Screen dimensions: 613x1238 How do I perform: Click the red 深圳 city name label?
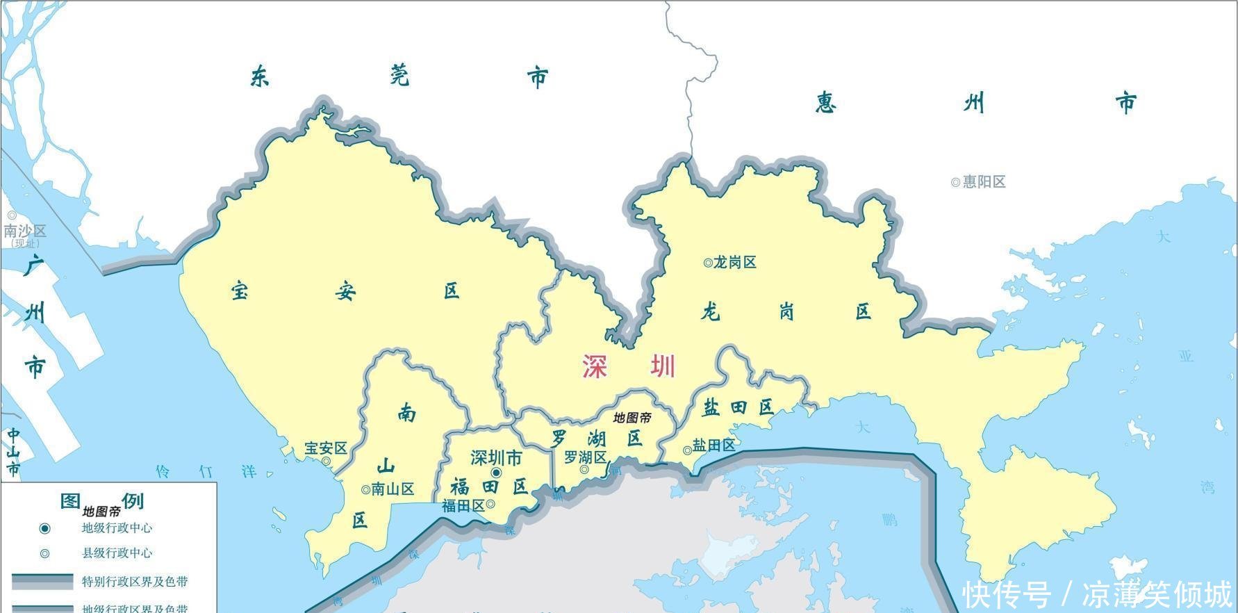(x=629, y=366)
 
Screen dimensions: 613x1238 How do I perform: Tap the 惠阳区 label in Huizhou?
(x=984, y=182)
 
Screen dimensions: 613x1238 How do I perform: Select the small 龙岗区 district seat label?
(x=735, y=263)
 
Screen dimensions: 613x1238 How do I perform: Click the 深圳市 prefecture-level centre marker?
(x=496, y=473)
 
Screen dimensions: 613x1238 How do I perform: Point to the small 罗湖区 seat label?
(x=585, y=457)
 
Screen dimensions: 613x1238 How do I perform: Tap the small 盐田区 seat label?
(x=714, y=446)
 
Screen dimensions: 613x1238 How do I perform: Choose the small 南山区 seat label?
(x=393, y=489)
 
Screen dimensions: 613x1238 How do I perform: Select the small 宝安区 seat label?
(x=326, y=449)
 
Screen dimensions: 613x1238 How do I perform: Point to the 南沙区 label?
(x=25, y=231)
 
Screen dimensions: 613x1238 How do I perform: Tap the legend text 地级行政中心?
(x=117, y=528)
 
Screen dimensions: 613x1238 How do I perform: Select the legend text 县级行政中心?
(x=117, y=553)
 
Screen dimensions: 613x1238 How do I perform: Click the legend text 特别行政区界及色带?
(x=135, y=582)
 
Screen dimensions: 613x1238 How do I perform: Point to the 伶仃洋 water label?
(x=206, y=472)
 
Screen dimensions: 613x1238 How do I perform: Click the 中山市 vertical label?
(x=13, y=452)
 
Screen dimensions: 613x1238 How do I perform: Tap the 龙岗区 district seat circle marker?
(x=707, y=263)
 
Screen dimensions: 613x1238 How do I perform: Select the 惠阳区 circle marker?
(x=955, y=182)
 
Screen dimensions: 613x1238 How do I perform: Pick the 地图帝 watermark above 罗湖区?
(x=632, y=418)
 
